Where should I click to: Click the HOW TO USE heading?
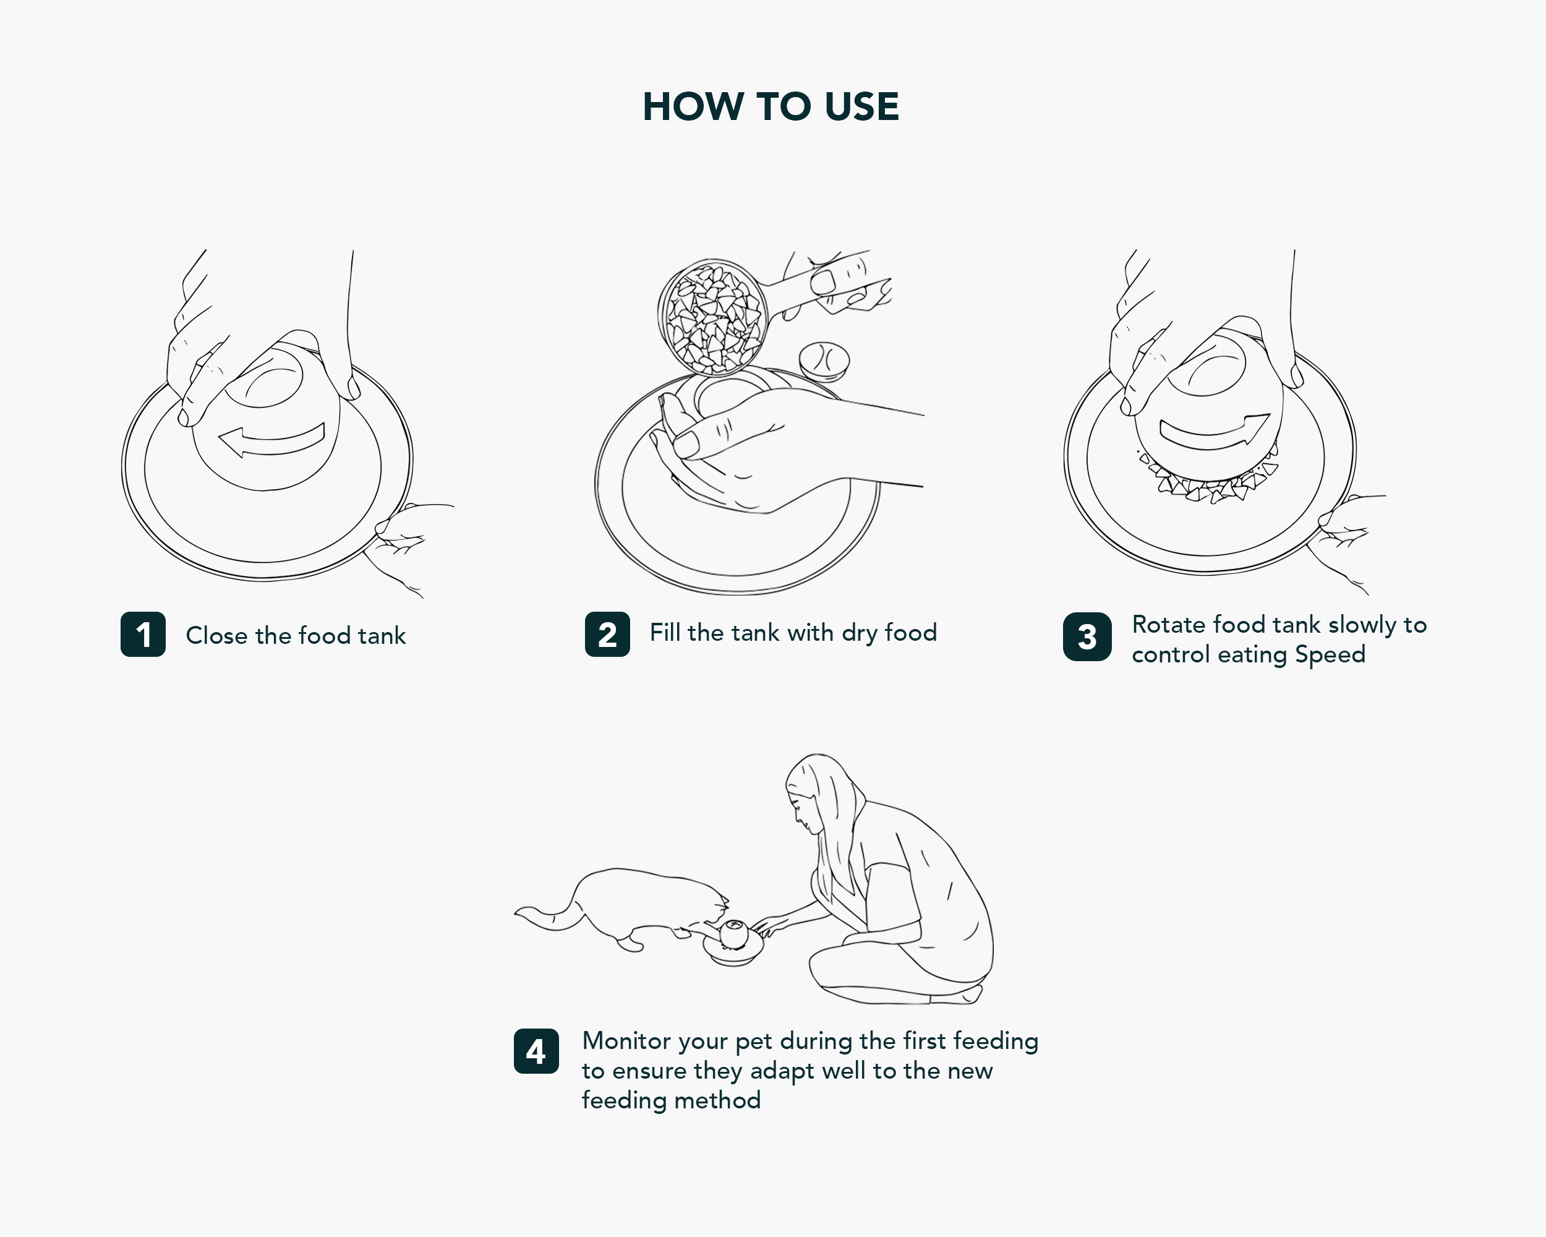(x=771, y=107)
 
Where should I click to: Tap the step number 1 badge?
(x=143, y=634)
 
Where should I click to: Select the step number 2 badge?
(x=607, y=634)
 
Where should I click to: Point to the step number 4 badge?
(x=536, y=1051)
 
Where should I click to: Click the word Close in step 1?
(x=216, y=635)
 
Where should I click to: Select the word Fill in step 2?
(x=665, y=633)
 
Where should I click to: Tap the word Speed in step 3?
(x=1330, y=656)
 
